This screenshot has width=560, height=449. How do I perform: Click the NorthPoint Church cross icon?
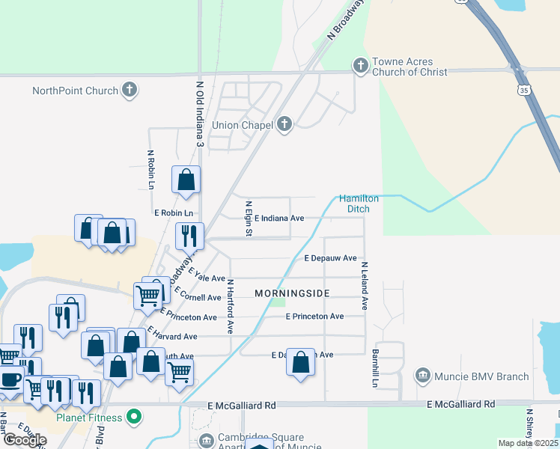[x=130, y=91]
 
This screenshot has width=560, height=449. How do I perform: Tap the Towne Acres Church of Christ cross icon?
[x=360, y=66]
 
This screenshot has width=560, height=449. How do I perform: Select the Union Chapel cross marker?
[x=284, y=124]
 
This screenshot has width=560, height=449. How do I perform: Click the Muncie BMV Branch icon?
[x=422, y=375]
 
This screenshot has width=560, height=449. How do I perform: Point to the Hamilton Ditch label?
[x=359, y=204]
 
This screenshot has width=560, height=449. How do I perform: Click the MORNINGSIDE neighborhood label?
[x=292, y=293]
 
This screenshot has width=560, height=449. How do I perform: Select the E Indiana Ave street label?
[x=279, y=219]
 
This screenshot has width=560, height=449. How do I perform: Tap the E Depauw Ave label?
[x=330, y=258]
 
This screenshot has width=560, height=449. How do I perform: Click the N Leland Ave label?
[x=365, y=286]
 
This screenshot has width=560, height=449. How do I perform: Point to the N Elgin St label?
[x=248, y=219]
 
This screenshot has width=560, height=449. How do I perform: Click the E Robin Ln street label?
[x=174, y=213]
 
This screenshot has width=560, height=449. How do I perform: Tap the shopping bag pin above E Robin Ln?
[x=186, y=180]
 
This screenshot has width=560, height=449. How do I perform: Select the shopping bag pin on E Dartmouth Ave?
[x=301, y=362]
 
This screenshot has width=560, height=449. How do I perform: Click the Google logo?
[x=25, y=440]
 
